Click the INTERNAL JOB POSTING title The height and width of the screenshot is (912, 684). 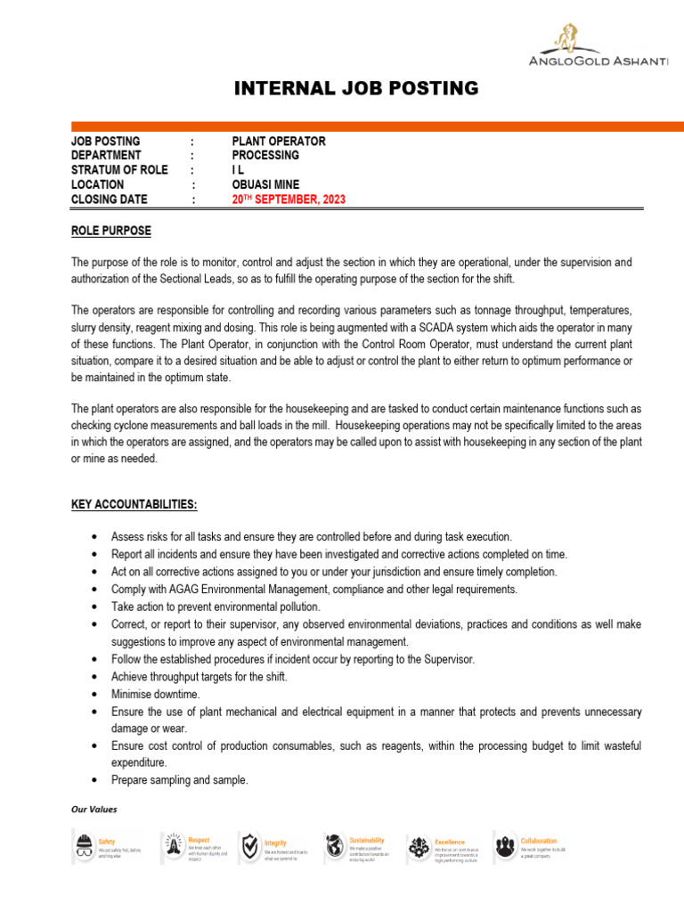coord(355,88)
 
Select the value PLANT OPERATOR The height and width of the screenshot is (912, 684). coord(279,142)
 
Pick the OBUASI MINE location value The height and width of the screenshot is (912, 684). coord(272,185)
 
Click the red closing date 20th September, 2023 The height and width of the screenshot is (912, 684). coord(289,199)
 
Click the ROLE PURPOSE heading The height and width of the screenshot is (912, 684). coord(110,232)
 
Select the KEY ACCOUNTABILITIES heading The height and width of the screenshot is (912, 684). coord(134,505)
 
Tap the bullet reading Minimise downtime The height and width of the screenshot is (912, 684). coord(155,695)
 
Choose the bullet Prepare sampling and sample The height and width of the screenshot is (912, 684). coord(179,780)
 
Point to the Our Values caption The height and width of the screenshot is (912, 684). coord(94,810)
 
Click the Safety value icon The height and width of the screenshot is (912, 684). coord(84,846)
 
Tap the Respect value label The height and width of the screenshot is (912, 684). coord(199,839)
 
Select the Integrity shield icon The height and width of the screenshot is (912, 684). coord(250,846)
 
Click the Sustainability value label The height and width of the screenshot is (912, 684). coord(367,839)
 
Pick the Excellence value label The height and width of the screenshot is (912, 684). coord(450,841)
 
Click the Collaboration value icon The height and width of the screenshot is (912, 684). coord(505,846)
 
